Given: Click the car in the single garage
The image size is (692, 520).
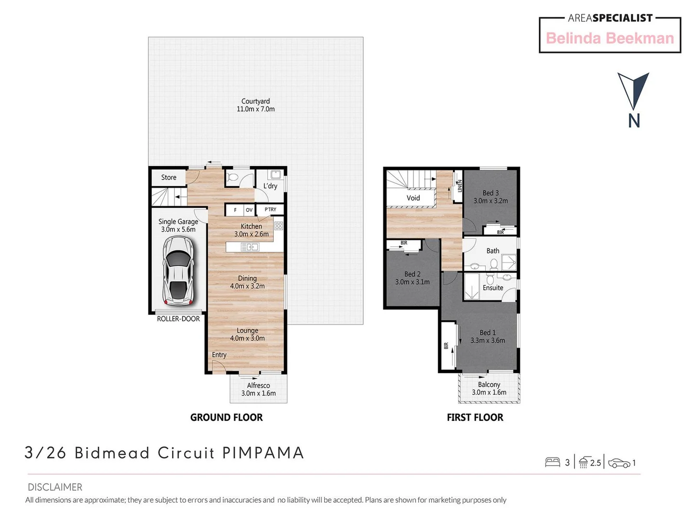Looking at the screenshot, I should [x=178, y=271].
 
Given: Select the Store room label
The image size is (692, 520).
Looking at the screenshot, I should [x=169, y=177].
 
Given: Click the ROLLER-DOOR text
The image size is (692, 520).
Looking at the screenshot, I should [x=178, y=319].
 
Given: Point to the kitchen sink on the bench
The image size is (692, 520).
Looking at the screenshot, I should [x=250, y=247].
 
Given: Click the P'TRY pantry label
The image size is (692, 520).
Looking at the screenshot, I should [x=270, y=209].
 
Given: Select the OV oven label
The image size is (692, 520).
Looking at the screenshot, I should [x=249, y=210].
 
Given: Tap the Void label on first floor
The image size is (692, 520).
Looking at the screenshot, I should [x=413, y=198].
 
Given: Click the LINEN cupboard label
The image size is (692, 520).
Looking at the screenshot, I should [x=459, y=186].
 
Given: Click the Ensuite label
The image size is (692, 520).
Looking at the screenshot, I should [x=493, y=288].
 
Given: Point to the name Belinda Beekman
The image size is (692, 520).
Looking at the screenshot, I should [x=610, y=38].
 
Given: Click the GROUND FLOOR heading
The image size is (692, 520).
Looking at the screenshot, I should [x=226, y=417].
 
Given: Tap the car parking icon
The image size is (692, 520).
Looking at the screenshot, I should [x=619, y=463].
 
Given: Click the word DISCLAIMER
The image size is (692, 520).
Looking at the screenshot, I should [x=55, y=487].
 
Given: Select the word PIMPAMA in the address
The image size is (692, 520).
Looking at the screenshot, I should [x=263, y=453].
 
